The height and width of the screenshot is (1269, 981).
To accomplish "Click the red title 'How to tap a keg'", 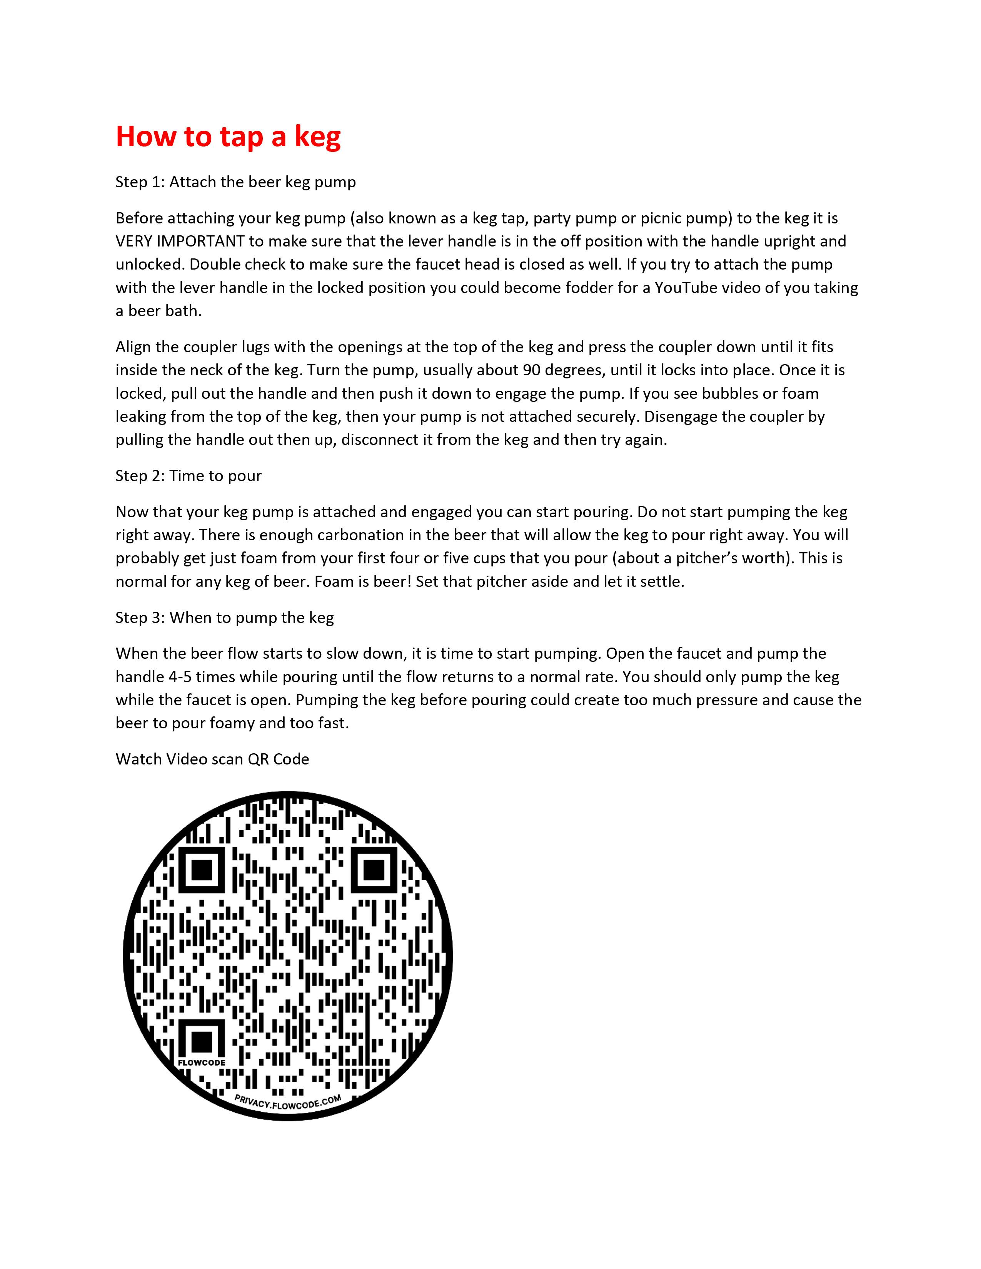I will [x=228, y=137].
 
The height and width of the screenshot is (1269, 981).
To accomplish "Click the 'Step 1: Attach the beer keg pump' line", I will [x=235, y=182].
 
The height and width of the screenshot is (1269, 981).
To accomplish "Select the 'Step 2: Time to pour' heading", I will [x=188, y=476].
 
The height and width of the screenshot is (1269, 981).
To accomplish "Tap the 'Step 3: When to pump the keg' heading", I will [x=224, y=618].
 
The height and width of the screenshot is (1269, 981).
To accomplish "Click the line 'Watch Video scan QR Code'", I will [x=212, y=759].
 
